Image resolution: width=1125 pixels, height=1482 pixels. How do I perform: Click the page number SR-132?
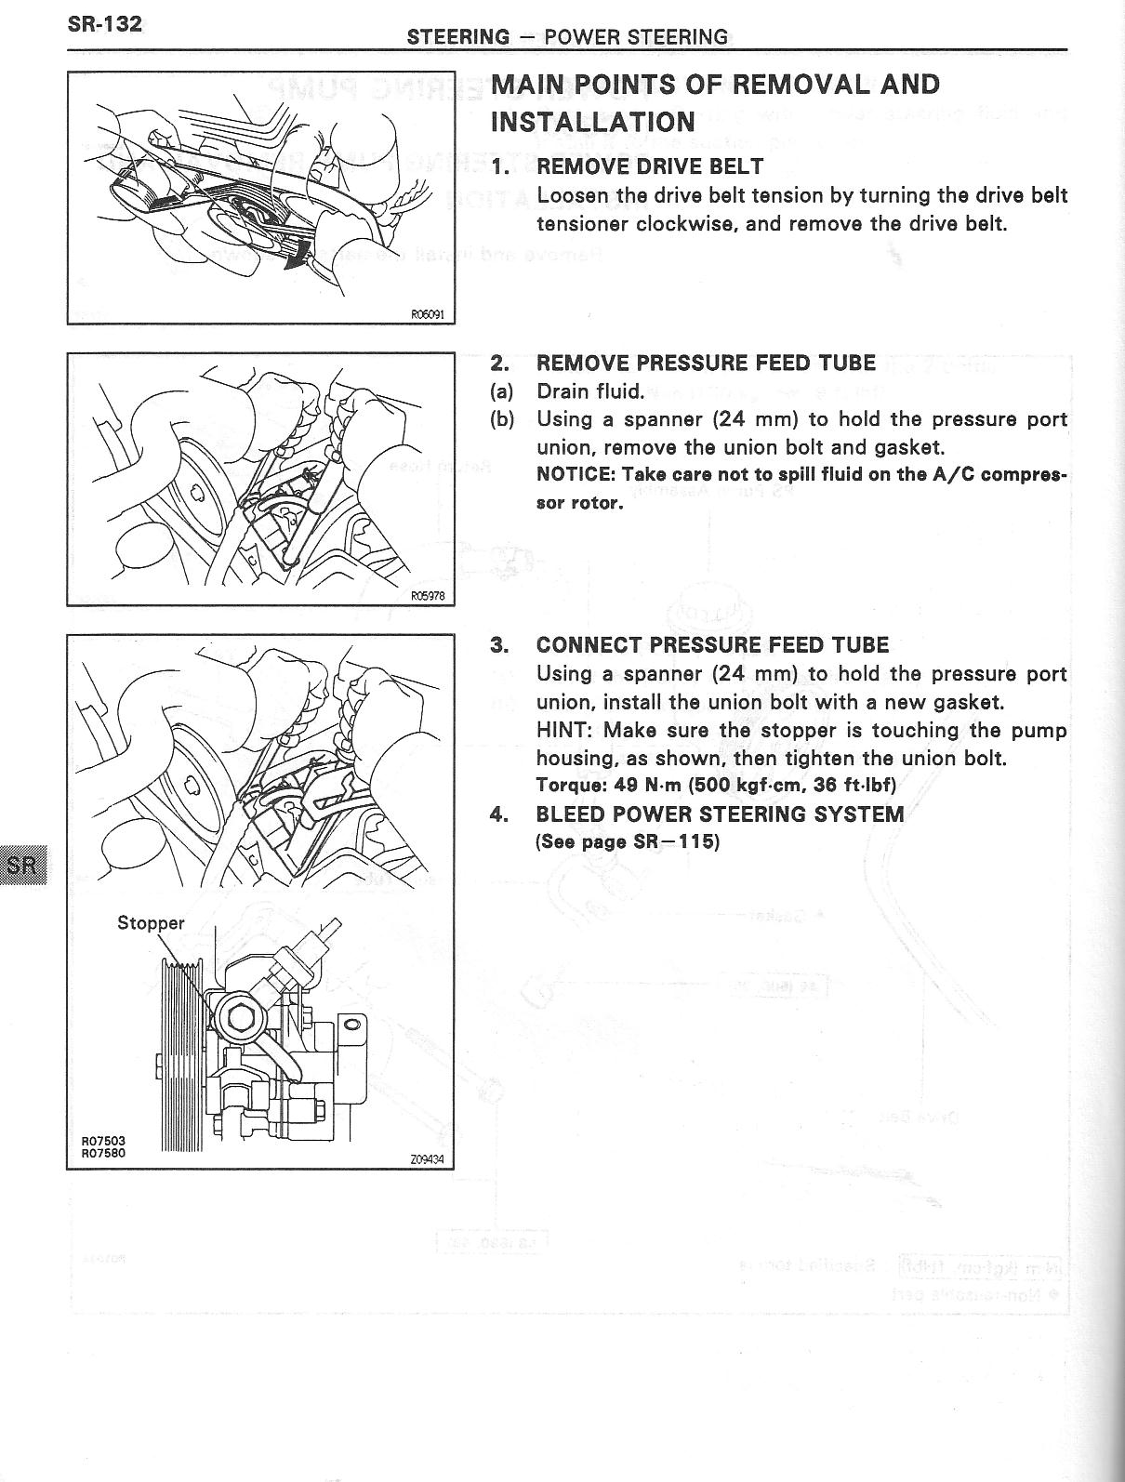coord(105,24)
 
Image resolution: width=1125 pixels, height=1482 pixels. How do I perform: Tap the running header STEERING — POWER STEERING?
coord(567,37)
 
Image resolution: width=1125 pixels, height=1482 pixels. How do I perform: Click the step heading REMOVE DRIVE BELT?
coord(650,166)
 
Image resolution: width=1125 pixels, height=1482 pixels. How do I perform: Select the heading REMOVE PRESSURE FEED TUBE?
coord(706,363)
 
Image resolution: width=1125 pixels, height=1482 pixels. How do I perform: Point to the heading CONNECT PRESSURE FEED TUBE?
coord(712,645)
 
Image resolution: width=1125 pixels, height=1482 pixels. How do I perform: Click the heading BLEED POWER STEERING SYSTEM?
coord(720,814)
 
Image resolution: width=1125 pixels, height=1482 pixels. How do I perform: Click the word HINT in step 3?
coord(562,730)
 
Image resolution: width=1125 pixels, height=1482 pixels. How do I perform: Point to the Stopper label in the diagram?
coord(151,923)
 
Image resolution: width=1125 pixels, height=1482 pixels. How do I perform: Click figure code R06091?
coord(428,314)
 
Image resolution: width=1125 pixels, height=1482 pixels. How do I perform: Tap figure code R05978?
coord(428,598)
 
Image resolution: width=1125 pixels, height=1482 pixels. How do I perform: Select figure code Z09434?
coord(427,1160)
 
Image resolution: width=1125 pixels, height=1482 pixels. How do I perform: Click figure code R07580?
coord(102,1154)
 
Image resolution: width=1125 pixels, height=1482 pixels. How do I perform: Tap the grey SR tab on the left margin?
coord(22,866)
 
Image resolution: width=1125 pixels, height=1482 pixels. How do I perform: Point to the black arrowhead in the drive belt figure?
coord(295,263)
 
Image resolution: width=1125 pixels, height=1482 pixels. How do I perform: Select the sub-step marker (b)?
coord(502,419)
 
